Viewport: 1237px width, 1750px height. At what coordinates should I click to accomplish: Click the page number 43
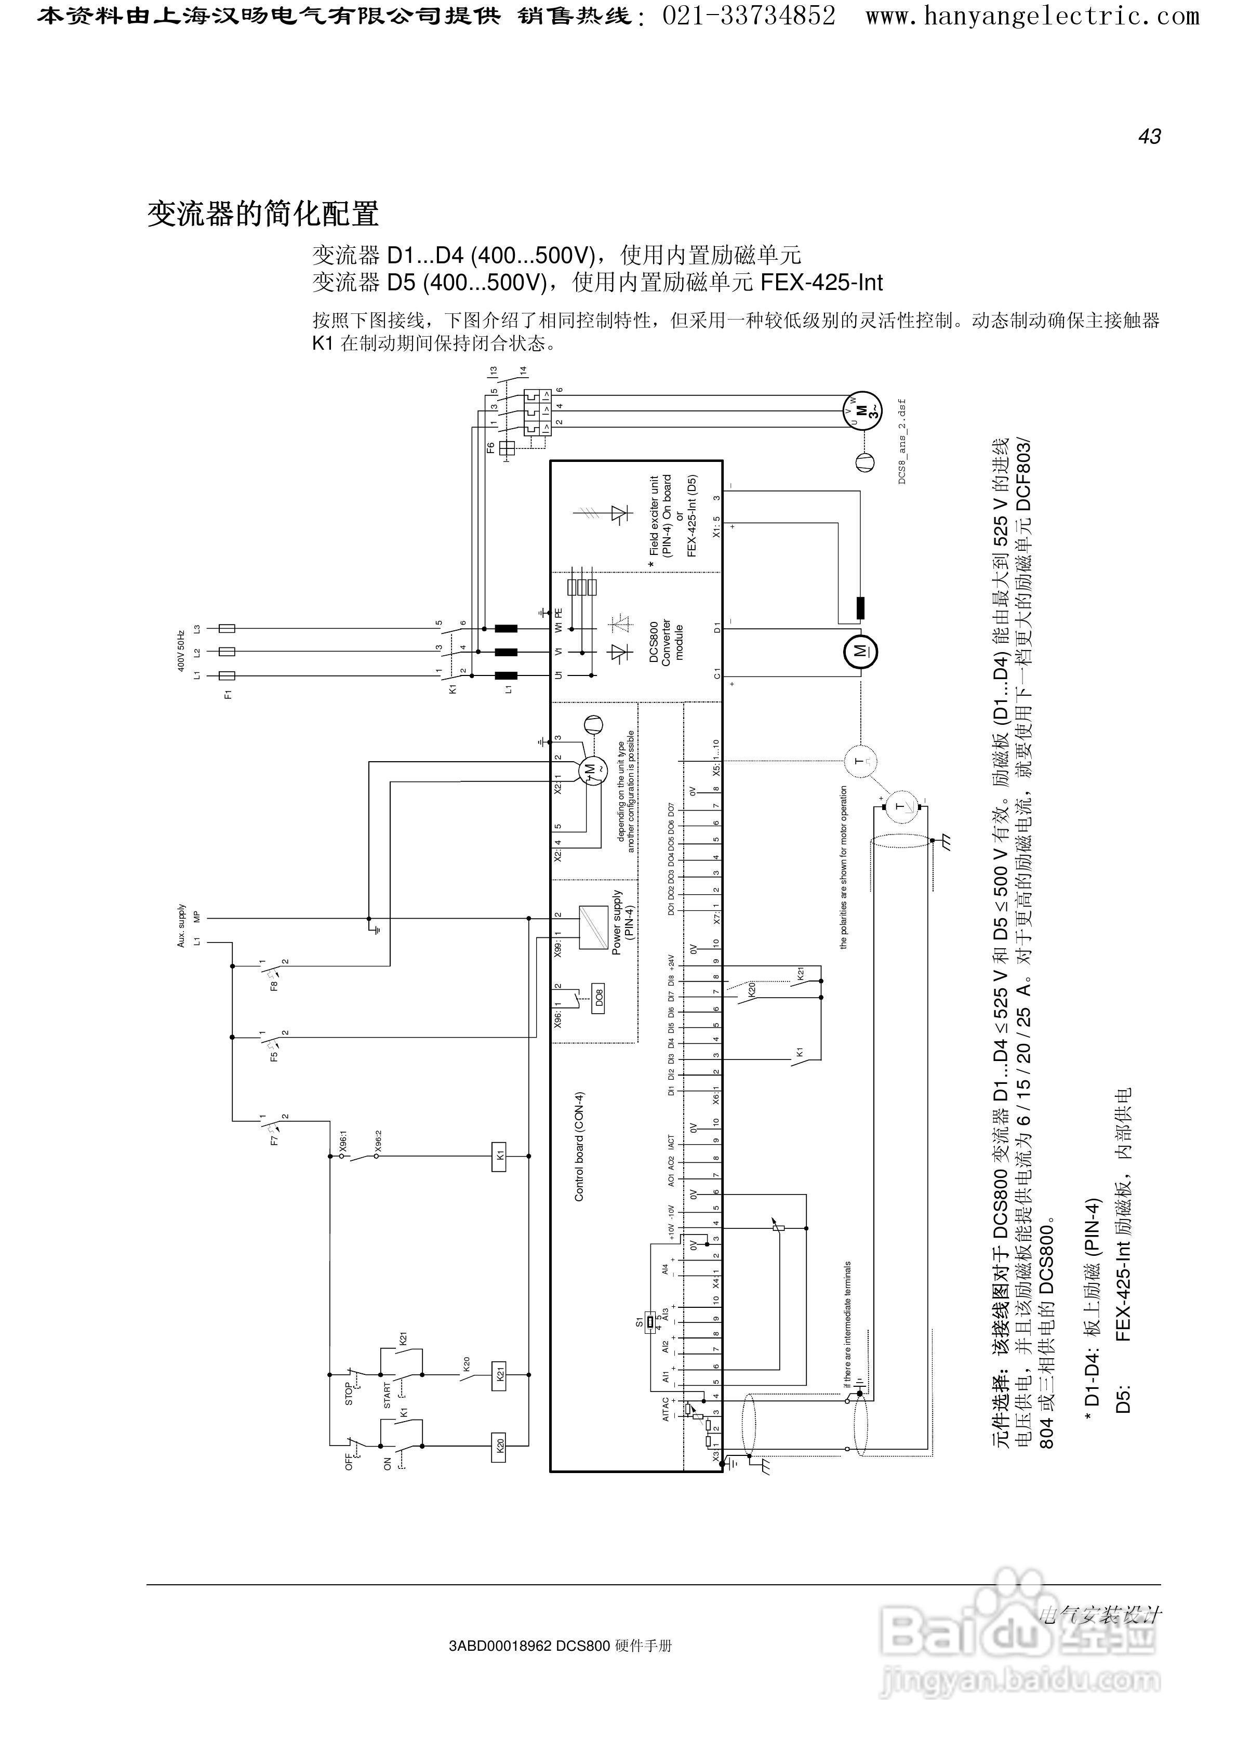coord(1149,137)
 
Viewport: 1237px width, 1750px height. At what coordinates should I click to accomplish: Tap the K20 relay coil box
coord(498,1445)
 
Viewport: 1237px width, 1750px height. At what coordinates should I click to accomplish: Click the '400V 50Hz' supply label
coord(181,650)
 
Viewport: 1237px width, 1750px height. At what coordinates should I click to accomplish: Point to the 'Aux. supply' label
coord(181,925)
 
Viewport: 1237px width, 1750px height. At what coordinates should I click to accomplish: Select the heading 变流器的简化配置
coord(263,214)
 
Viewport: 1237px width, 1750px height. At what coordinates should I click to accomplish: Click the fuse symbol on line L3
coord(227,628)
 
